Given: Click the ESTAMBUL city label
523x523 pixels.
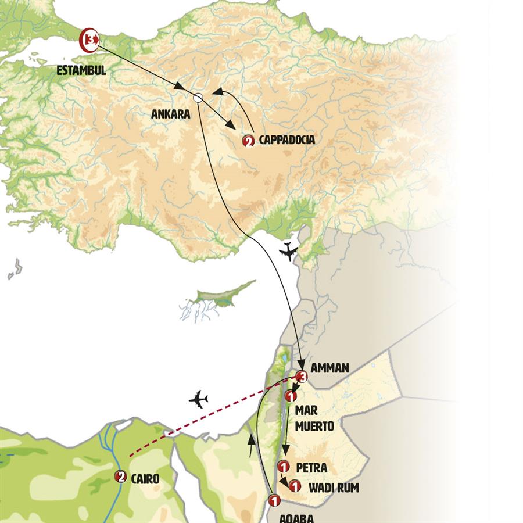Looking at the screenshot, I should coord(81,71).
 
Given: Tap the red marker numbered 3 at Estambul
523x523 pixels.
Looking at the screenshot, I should coord(89,39).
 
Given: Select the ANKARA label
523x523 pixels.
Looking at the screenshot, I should coord(170,114).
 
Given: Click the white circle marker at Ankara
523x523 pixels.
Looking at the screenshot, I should coord(198,98).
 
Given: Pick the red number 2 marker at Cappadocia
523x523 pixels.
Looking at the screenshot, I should coord(249,141).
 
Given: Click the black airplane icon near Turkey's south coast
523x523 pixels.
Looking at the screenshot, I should coord(288,252).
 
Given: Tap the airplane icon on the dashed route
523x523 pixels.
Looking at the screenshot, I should coord(199,399).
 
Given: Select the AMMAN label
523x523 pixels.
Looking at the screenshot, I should coord(329,368).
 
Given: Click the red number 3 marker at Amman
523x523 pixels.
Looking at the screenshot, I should coord(300,377).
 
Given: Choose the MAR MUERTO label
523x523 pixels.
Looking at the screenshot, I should coord(314,418).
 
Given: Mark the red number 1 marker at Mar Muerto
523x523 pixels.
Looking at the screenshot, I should coord(292,396).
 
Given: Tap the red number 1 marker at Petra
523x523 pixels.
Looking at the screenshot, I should coord(284,466).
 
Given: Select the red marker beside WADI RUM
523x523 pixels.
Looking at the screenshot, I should coord(295,486).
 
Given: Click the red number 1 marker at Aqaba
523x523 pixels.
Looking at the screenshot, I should coord(274,499).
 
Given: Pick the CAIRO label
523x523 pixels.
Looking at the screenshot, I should coord(146,478).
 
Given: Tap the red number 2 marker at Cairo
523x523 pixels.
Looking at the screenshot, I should coord(121,477).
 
